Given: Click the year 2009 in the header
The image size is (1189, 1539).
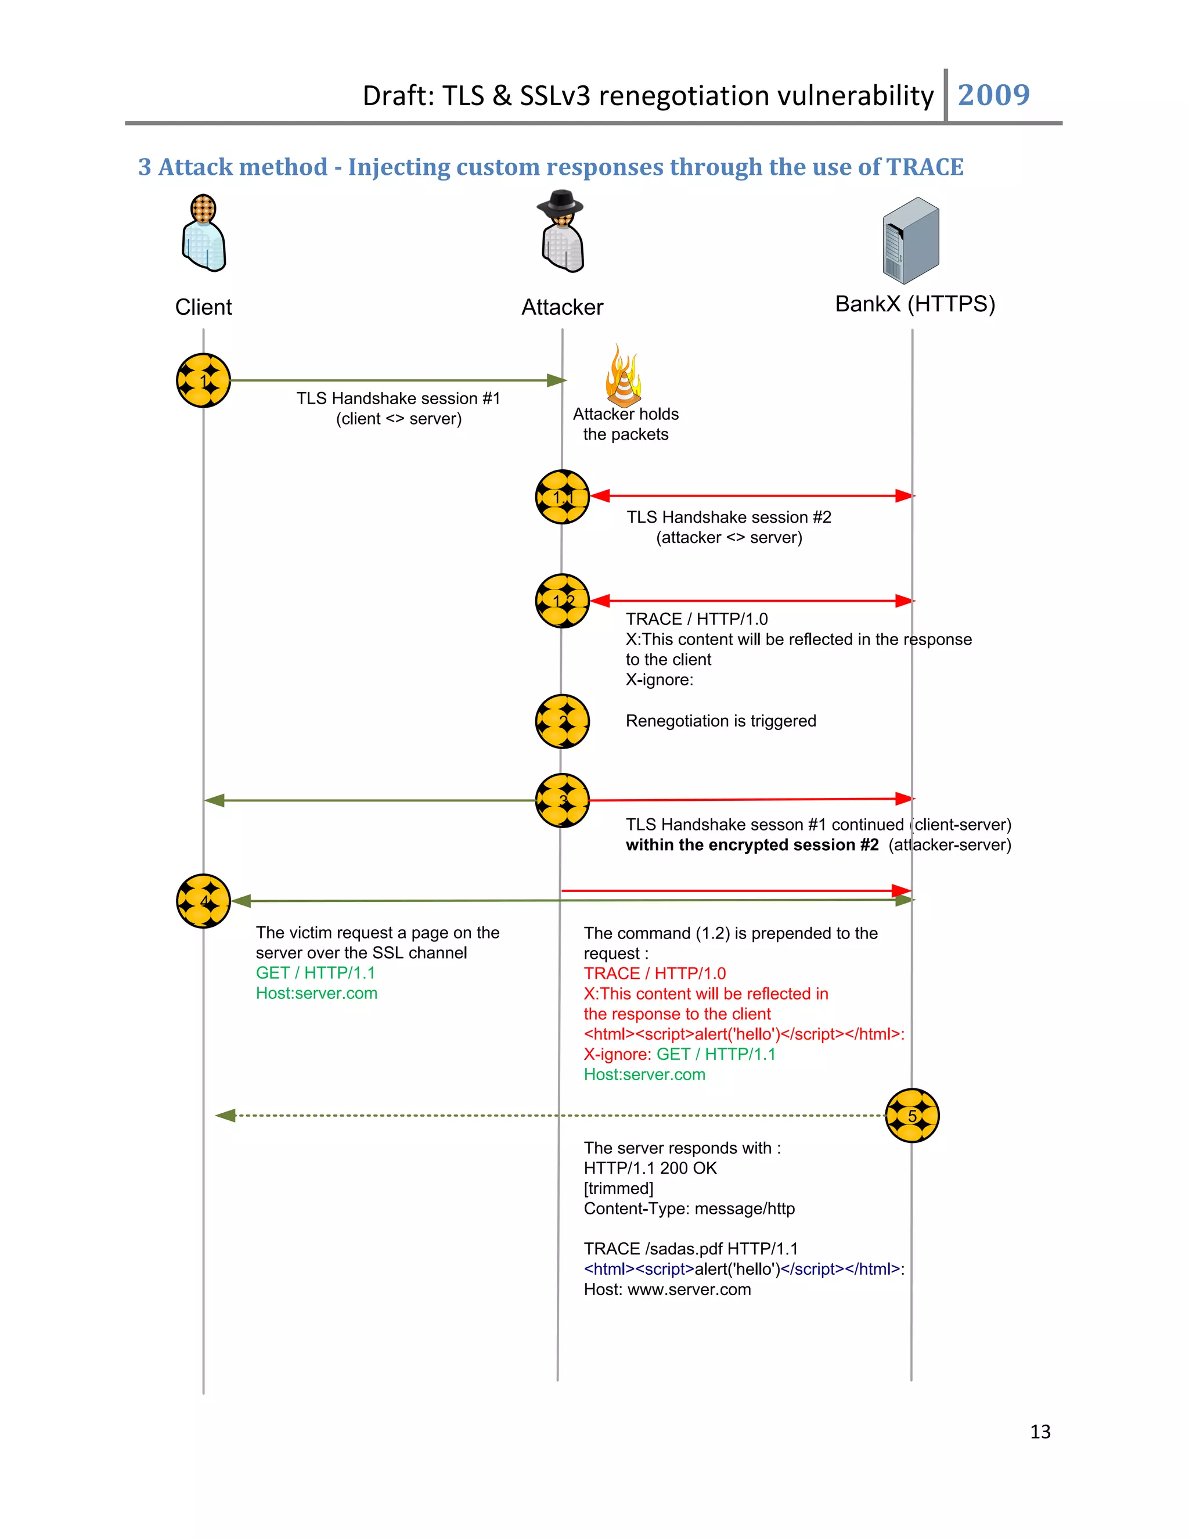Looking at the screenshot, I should click(993, 95).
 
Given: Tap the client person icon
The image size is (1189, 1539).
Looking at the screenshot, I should click(204, 234).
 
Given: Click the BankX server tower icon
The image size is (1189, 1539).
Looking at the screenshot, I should click(911, 240).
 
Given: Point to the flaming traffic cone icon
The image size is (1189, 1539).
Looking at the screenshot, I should click(623, 375).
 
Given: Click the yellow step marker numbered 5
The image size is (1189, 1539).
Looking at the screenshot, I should click(912, 1116).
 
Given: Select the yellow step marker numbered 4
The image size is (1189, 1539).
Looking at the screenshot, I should click(204, 901).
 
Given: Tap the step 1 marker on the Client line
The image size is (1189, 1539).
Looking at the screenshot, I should click(204, 380).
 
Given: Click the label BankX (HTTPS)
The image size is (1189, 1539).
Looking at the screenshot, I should click(914, 304).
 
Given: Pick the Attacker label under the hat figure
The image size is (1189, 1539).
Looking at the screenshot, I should click(562, 307).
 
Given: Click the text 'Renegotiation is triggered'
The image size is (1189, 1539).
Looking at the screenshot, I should click(720, 721).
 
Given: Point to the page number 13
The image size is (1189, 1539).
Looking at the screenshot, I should click(1040, 1431).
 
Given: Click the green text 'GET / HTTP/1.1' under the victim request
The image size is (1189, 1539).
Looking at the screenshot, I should click(315, 973).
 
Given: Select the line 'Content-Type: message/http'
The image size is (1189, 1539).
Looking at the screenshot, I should click(689, 1209).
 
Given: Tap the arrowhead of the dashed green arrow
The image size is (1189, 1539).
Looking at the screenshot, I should click(225, 1116).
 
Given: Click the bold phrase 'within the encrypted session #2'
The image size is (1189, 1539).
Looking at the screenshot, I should click(752, 845).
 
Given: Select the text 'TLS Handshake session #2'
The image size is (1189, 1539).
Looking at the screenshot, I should click(729, 517).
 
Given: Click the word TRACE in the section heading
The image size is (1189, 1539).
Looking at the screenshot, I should click(924, 167).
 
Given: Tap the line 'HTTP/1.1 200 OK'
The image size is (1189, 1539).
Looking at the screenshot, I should click(650, 1168).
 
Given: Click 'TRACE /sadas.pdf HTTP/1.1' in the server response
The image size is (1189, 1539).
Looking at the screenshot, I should click(690, 1249).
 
